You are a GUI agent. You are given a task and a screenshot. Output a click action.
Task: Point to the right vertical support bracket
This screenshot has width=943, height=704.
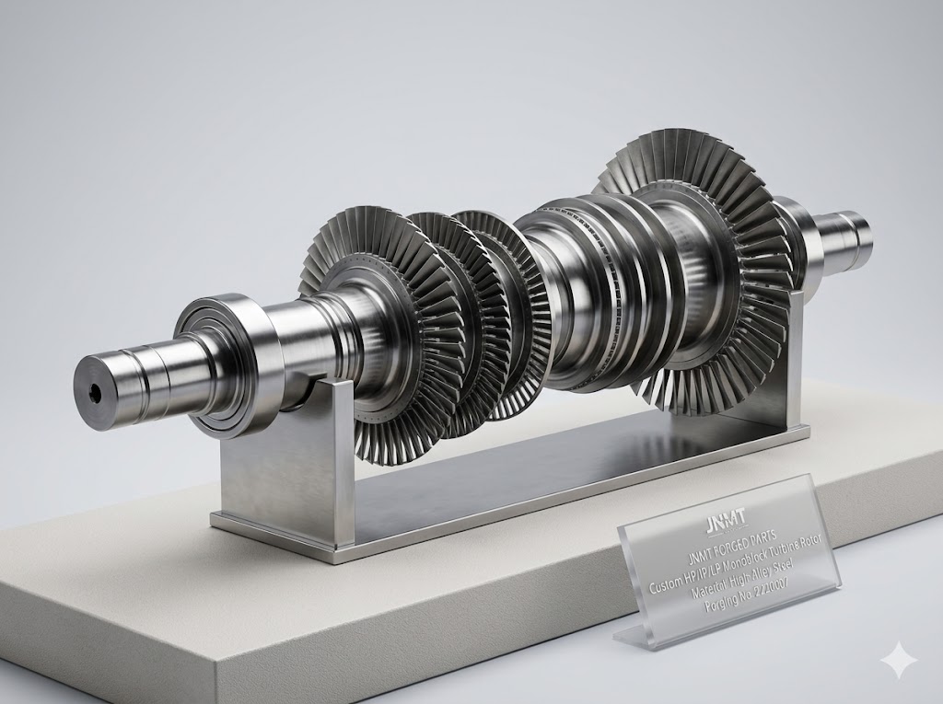pos(792,368)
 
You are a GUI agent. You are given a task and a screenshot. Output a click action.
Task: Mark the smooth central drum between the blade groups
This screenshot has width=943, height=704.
pos(562,294)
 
